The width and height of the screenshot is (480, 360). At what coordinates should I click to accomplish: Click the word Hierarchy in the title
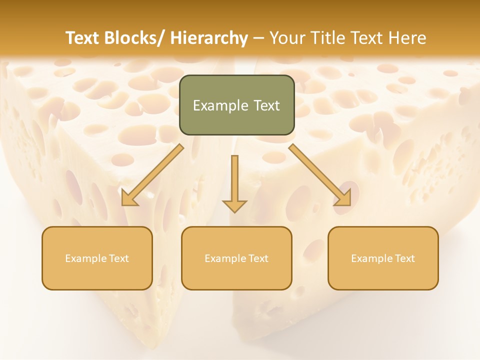click(208, 38)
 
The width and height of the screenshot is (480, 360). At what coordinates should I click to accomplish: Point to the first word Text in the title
click(83, 38)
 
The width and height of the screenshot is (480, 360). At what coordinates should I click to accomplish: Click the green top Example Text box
click(236, 105)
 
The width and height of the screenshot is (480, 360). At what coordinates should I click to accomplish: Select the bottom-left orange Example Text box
click(97, 258)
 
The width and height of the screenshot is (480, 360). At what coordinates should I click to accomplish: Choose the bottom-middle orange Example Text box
click(236, 258)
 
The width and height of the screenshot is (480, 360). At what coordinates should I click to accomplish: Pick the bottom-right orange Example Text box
click(383, 258)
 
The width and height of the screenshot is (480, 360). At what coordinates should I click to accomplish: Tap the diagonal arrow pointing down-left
click(152, 175)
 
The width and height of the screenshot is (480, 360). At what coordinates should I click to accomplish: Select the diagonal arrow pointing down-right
click(320, 175)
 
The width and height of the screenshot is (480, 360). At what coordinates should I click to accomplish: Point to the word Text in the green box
click(265, 105)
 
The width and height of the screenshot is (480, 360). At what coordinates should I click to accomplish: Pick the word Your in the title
click(286, 38)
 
